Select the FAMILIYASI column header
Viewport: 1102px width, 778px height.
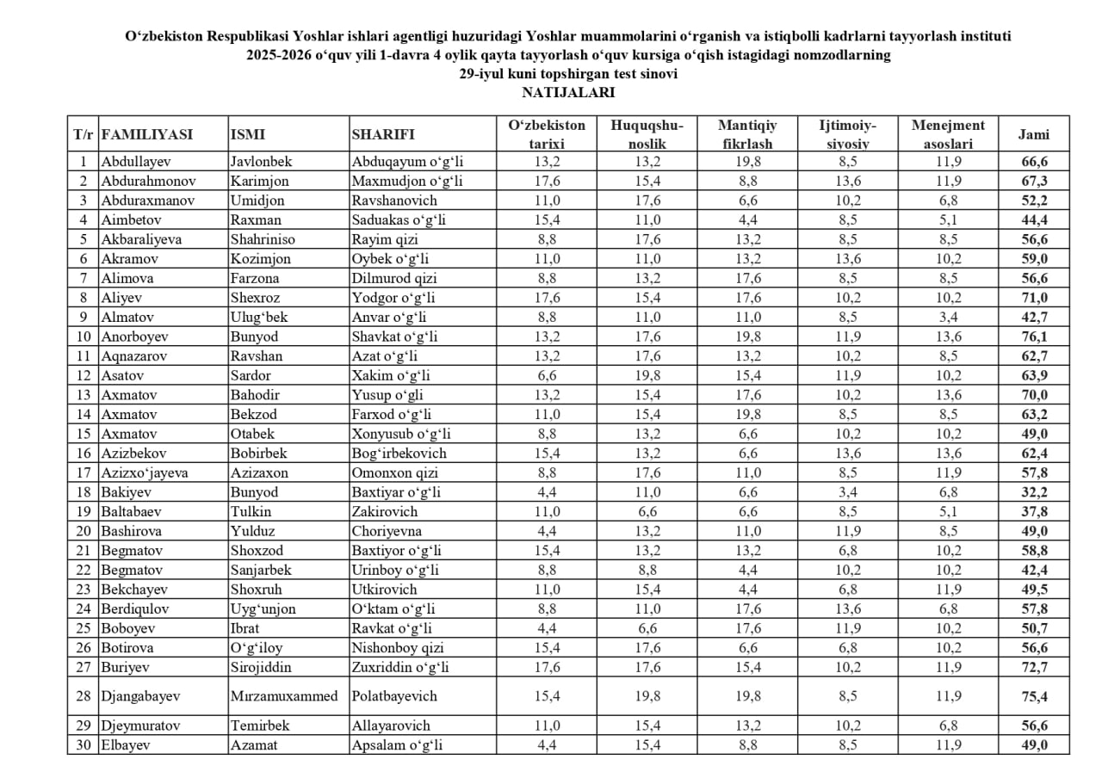tap(146, 134)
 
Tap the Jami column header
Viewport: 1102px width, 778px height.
tap(1033, 134)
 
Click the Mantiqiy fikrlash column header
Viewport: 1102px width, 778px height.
tap(746, 134)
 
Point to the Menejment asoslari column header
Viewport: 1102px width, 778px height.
tap(947, 134)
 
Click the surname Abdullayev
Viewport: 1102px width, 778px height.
tap(136, 161)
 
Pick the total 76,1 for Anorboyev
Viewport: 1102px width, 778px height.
tap(1034, 337)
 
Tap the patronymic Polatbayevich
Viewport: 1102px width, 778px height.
tap(394, 695)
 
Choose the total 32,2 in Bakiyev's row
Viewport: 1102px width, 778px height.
tap(1034, 492)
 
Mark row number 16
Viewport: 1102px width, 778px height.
tap(84, 454)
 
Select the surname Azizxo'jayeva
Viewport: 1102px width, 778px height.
tap(144, 472)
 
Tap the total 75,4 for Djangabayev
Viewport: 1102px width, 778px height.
tap(1034, 696)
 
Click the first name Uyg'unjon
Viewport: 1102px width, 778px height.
tap(263, 608)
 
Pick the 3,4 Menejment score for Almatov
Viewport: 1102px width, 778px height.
tap(947, 317)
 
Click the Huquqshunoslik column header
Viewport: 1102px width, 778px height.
tap(647, 134)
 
